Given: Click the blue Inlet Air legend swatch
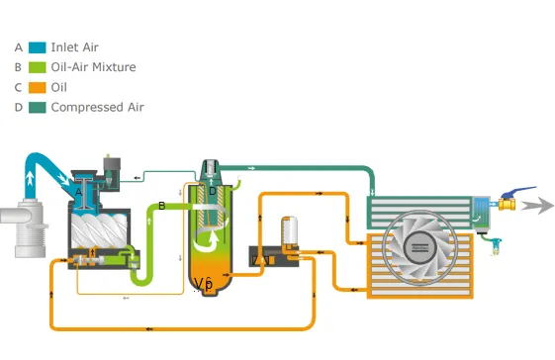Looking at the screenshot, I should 38,47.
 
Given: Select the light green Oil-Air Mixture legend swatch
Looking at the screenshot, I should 38,67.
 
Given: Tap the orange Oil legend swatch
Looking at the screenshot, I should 38,87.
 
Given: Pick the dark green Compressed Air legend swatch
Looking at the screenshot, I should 38,107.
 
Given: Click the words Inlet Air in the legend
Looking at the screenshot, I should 74,47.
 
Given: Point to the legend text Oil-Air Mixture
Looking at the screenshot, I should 93,67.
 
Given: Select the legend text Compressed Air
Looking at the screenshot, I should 97,107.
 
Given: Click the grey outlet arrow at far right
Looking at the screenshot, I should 537,206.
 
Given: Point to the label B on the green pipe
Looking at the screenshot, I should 161,206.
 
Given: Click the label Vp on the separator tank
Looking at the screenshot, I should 204,284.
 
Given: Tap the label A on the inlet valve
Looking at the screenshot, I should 78,191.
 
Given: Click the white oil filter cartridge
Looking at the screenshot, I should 290,230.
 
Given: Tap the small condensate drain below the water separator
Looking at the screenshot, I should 490,240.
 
